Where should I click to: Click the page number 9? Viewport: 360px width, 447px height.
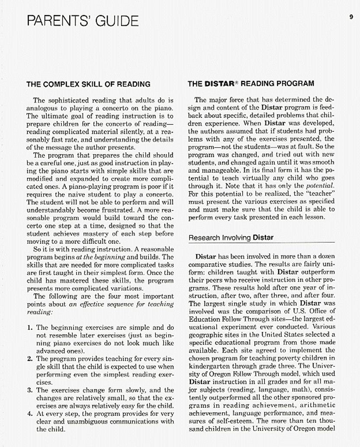tap(351, 17)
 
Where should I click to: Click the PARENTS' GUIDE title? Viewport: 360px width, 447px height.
tap(83, 21)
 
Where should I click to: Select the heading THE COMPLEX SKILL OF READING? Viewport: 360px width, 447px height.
tap(88, 84)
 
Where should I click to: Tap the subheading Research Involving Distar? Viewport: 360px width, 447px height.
tap(231, 237)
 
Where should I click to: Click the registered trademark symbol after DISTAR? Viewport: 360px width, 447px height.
tap(236, 82)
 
